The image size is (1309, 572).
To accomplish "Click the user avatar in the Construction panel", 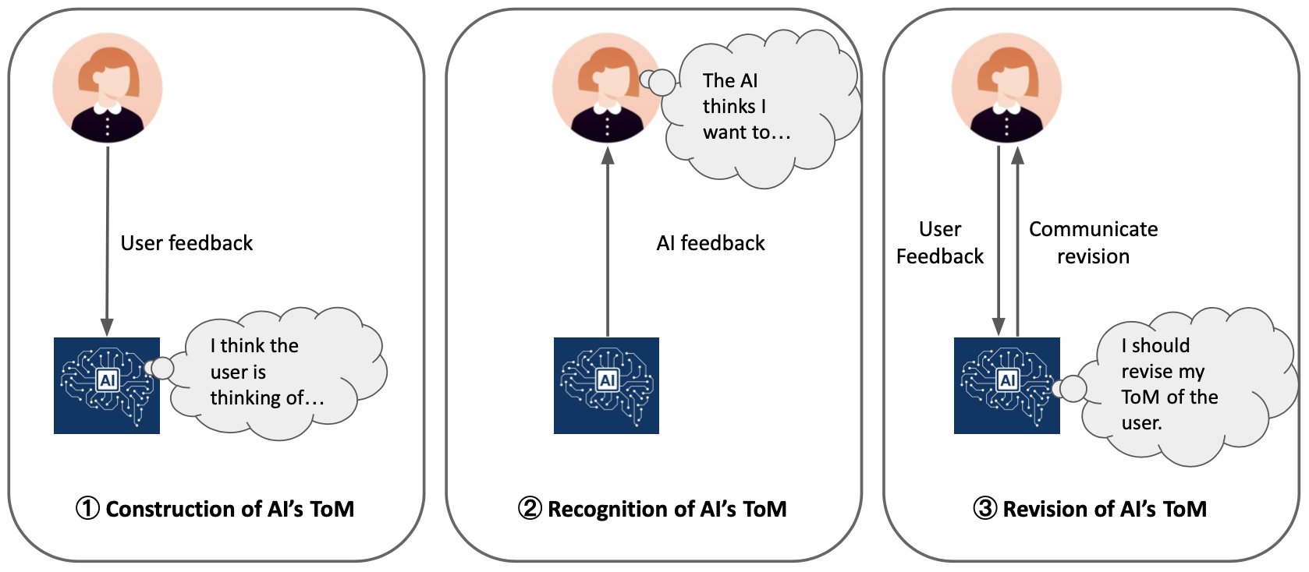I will pos(108,87).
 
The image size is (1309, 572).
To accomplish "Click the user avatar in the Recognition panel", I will pos(607,87).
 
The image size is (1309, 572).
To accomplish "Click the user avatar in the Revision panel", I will pos(1006,87).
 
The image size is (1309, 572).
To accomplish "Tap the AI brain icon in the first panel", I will pos(107,385).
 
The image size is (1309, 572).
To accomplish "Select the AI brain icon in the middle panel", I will pos(606,385).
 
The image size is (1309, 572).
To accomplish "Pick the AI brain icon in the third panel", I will pos(1006,385).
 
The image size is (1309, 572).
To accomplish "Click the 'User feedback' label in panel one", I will pos(186,243).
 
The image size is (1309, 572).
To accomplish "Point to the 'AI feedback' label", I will pos(711,243).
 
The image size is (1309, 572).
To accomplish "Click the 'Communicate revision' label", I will pos(1093,242).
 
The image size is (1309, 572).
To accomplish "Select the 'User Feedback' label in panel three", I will pos(939,242).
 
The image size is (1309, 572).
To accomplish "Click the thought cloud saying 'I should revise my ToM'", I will pos(1178,385).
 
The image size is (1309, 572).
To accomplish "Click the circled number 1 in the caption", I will pos(87,509).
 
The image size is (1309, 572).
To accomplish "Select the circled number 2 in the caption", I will pos(530,509).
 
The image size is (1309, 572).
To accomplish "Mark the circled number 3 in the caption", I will pos(984,509).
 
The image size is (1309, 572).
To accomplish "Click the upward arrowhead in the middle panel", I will pos(608,156).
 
